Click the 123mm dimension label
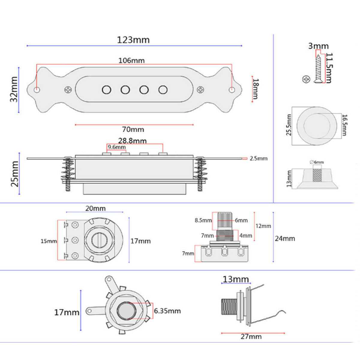click(x=133, y=40)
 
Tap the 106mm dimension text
click(x=131, y=61)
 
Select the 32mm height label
click(x=14, y=89)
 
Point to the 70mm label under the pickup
click(x=133, y=129)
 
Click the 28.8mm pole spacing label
click(x=132, y=141)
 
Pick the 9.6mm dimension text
click(x=117, y=147)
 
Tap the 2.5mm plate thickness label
click(x=259, y=158)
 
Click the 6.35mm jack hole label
click(x=167, y=311)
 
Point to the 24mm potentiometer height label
click(x=285, y=238)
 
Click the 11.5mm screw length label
click(x=329, y=68)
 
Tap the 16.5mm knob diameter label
click(x=344, y=125)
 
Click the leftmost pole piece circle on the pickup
click(x=106, y=90)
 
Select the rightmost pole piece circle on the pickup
click(x=163, y=90)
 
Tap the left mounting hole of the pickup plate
click(x=37, y=90)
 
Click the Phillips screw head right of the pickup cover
click(x=200, y=90)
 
